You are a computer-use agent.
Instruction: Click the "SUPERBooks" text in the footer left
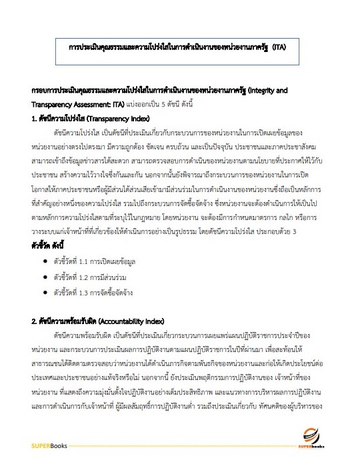tap(49, 445)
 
